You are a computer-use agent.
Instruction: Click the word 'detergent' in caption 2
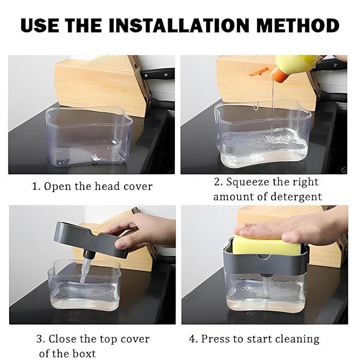tap(294, 197)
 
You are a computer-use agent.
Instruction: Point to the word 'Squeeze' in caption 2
tap(248, 182)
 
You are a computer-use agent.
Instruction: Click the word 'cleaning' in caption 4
tap(295, 338)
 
